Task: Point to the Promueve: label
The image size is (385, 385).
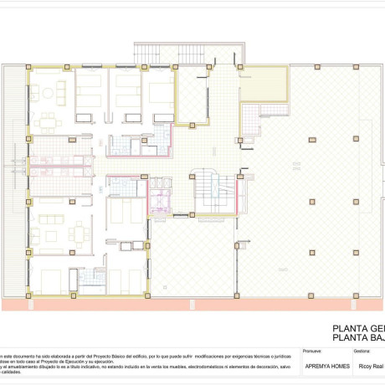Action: (312, 352)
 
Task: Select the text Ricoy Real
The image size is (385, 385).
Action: (371, 366)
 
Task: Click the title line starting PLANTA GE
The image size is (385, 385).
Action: (358, 328)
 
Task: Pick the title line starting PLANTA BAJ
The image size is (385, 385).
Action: (358, 339)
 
